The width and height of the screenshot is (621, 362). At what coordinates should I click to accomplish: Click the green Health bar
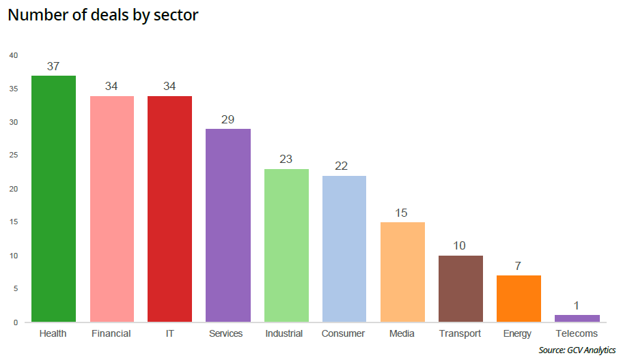(x=53, y=198)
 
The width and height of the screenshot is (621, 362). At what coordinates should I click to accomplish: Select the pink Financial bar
(x=112, y=209)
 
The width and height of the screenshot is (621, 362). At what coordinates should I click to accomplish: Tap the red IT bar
(x=169, y=209)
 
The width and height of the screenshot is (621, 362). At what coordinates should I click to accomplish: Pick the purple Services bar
(x=228, y=225)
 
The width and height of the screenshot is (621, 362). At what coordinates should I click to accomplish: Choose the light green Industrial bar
(x=286, y=245)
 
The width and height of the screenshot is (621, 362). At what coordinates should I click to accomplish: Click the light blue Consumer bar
(x=344, y=249)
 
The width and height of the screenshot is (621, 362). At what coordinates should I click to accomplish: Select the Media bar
(x=402, y=272)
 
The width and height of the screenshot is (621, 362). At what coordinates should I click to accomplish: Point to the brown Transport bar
(x=460, y=288)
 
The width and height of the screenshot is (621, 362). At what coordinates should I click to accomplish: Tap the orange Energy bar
(x=519, y=299)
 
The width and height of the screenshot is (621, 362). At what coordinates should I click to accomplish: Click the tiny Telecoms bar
(x=577, y=318)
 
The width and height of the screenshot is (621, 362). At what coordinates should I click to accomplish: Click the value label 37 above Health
(x=53, y=66)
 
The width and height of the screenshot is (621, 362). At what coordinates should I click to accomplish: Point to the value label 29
(x=228, y=119)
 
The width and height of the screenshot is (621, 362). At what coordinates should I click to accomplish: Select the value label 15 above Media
(x=402, y=213)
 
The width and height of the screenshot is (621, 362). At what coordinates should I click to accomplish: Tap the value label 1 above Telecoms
(x=577, y=305)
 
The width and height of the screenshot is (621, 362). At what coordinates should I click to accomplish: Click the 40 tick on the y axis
(x=14, y=55)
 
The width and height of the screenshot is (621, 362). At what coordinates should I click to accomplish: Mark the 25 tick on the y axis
(x=14, y=155)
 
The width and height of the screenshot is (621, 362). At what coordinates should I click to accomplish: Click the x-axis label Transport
(x=460, y=334)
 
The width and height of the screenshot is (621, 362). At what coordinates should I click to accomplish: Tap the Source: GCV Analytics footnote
(x=577, y=350)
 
